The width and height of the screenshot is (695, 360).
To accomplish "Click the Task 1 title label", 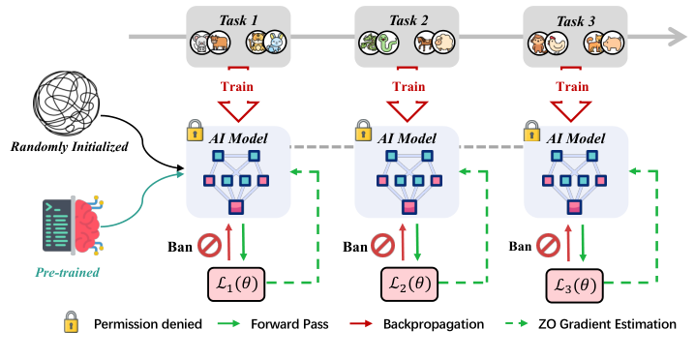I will point(235,17).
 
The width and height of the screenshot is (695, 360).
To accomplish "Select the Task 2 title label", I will point(404,17).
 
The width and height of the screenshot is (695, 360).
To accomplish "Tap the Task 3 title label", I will point(571,17).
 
